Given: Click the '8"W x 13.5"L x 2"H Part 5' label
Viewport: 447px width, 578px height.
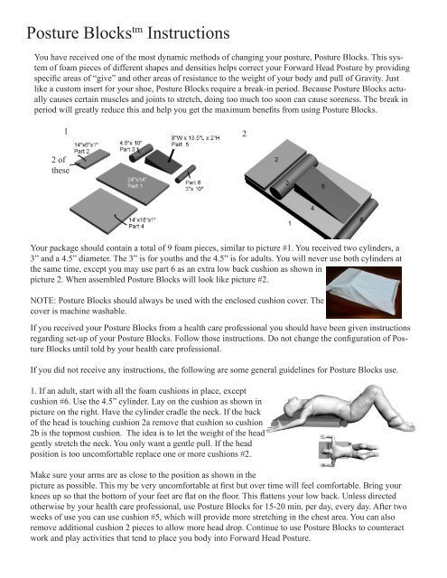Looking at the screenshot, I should coord(199,138).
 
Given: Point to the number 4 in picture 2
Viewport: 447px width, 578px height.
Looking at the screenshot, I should coord(312,209).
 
